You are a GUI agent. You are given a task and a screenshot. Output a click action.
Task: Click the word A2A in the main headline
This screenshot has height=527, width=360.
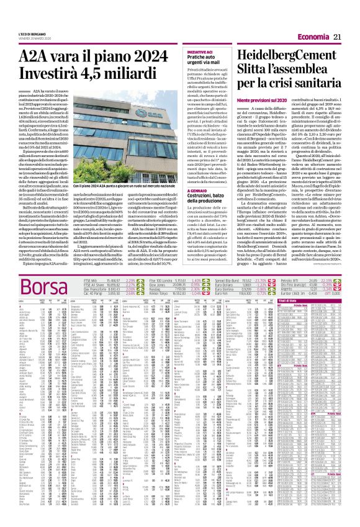point(37,56)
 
